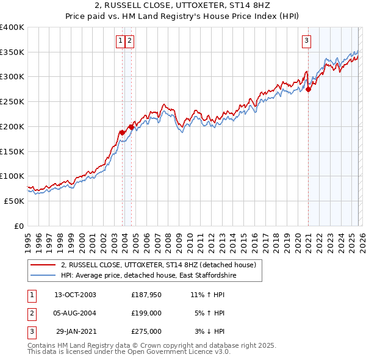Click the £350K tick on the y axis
[12, 52]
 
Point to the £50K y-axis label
[14, 201]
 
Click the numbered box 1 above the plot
[121, 41]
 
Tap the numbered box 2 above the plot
[131, 41]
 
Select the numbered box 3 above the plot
[306, 41]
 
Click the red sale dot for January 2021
[308, 89]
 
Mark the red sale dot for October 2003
[122, 132]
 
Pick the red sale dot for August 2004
[131, 127]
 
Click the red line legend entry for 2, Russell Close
[161, 265]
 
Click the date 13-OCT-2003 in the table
[76, 295]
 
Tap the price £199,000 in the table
[146, 313]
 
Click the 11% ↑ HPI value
[208, 295]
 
